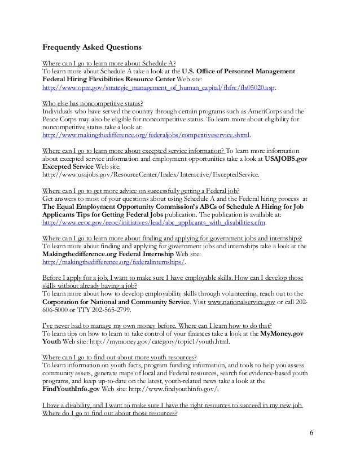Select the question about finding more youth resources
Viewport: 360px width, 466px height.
(x=120, y=357)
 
